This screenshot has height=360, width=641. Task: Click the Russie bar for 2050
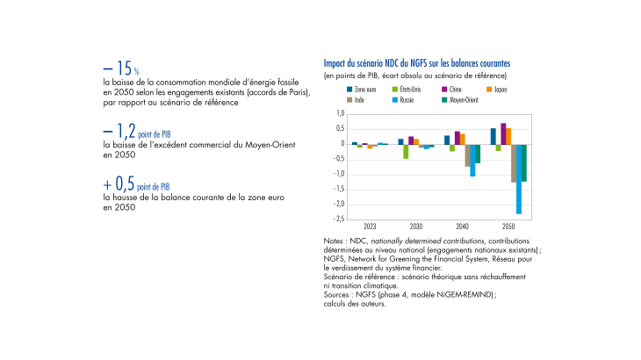tap(519, 179)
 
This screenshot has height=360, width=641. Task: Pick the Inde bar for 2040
tap(467, 155)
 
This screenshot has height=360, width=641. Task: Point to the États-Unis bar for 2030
tap(406, 151)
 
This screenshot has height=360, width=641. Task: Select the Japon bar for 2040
tap(462, 139)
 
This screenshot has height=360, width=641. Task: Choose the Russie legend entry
tap(407, 99)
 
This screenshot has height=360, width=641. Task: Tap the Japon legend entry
tap(496, 90)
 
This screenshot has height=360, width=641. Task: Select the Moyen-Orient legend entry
tap(459, 99)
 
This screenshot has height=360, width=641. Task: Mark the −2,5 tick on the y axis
tap(338, 219)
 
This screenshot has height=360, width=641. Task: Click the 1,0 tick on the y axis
tap(340, 114)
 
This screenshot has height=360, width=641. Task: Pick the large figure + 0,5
tap(118, 186)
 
